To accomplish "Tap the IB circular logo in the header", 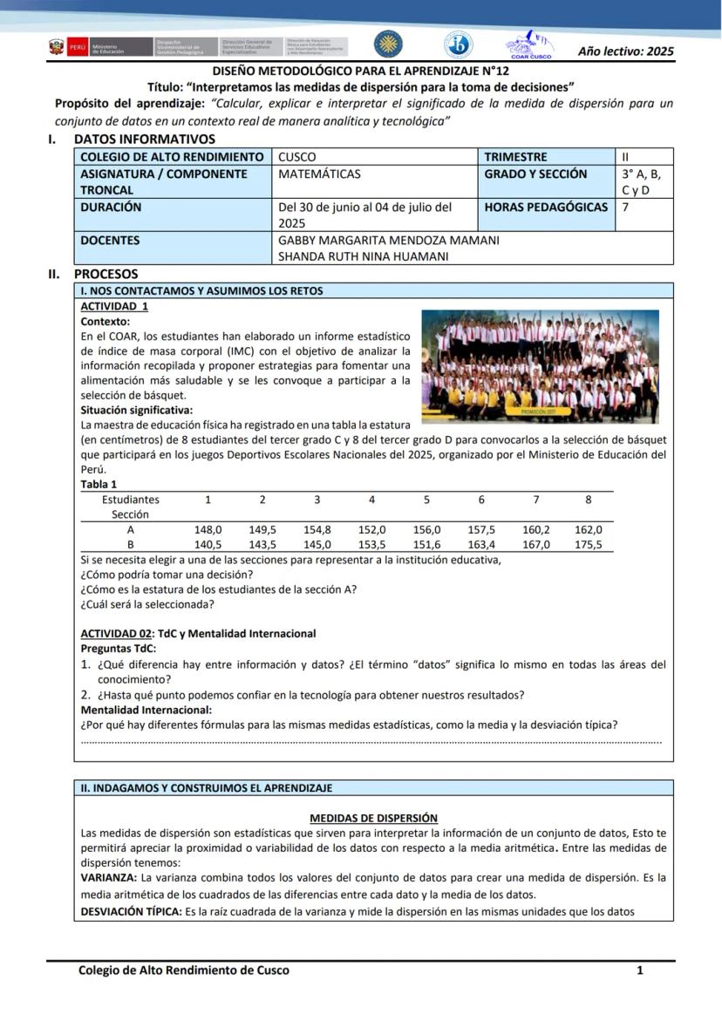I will click(458, 44).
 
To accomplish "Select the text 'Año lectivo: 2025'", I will click(625, 51).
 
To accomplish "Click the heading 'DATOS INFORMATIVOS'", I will click(144, 139).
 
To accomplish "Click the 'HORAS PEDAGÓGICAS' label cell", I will click(546, 208).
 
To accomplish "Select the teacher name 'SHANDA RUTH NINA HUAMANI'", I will click(364, 256).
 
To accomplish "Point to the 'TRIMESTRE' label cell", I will click(516, 157).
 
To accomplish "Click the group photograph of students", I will click(540, 366).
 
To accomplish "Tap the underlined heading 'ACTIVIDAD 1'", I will click(114, 306).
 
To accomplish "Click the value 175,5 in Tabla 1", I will click(588, 544).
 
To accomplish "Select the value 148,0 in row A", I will click(208, 529).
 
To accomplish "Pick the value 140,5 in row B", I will click(208, 544).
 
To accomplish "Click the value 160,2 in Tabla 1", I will click(536, 529).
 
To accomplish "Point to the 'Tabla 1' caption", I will click(99, 484).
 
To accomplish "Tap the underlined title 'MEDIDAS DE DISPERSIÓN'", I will click(373, 818).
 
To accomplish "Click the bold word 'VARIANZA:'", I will click(109, 877).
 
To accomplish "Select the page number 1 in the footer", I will click(639, 970).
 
